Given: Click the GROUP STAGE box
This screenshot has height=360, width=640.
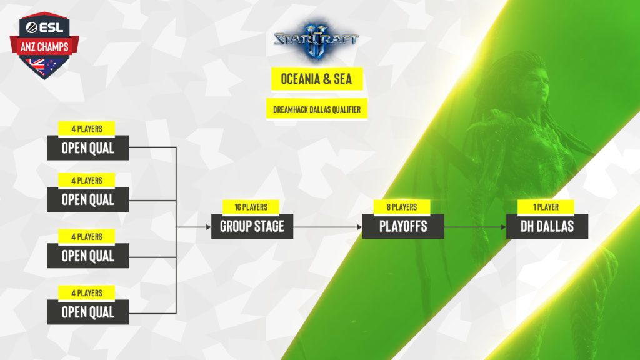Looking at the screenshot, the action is [252, 226].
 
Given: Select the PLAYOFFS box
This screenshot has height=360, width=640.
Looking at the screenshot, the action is [403, 226].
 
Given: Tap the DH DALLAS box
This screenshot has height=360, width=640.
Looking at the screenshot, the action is [547, 226].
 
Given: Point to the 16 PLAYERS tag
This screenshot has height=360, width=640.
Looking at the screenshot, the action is [252, 207].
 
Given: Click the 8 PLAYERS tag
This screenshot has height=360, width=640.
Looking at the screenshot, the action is [403, 207].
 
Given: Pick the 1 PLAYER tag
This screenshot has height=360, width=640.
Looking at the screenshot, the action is [547, 207].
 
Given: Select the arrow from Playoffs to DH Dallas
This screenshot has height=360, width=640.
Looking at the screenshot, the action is [475, 227].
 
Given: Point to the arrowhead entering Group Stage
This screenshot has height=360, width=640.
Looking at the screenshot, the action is [209, 227].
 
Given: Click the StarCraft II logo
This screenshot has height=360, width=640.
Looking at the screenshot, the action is [316, 39].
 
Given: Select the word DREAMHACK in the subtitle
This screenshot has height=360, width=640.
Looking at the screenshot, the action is [291, 109].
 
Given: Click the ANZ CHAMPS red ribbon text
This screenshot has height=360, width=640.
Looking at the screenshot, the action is [44, 45].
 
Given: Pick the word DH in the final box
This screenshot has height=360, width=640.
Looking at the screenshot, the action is [529, 226].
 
